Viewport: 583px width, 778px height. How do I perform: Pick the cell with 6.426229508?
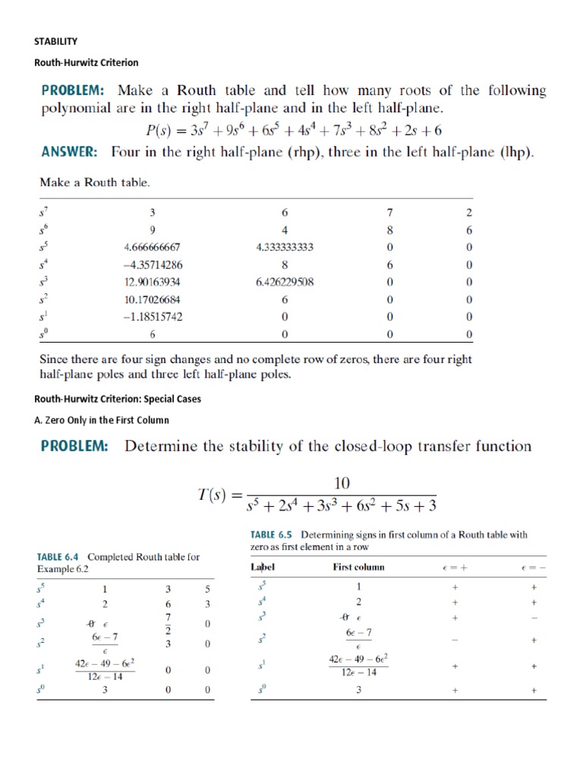tap(285, 282)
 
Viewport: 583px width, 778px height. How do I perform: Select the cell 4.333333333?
tap(285, 247)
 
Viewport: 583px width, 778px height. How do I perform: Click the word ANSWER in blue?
tap(68, 152)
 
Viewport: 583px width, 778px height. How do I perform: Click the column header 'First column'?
tap(358, 567)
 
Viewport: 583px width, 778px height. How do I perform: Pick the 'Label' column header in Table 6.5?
tap(263, 567)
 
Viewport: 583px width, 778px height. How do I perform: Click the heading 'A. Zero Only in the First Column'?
tap(102, 420)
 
